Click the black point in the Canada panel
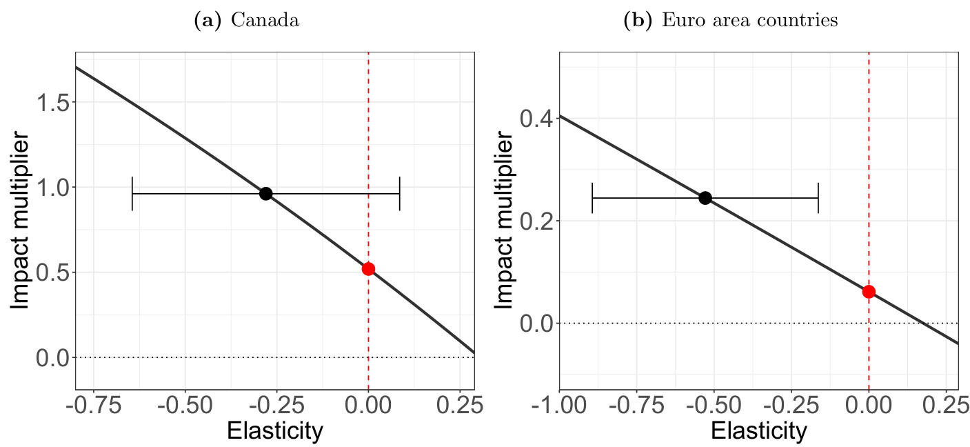coord(265,193)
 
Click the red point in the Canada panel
coord(368,269)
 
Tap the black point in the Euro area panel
coord(705,198)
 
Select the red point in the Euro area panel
coord(869,292)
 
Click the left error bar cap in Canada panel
coord(132,193)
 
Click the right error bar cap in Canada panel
coord(400,193)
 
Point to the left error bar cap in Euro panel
coord(592,198)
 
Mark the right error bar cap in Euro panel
coord(818,198)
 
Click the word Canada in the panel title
coord(265,21)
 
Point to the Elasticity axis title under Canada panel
coord(274,431)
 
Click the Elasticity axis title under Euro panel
coord(758,431)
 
